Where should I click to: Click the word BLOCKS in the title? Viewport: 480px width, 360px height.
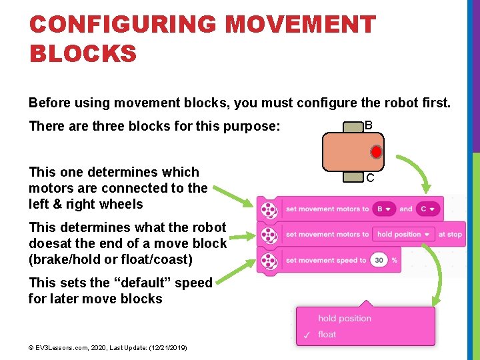coord(83,53)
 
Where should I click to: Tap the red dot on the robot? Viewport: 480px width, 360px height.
coord(376,152)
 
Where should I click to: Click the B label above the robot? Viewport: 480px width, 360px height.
coord(369,125)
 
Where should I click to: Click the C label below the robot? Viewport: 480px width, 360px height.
coord(369,178)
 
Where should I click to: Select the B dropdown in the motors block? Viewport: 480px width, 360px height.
coord(383,209)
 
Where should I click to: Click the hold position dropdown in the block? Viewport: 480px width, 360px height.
coord(403,234)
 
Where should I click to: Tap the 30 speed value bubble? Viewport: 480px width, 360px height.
coord(379,260)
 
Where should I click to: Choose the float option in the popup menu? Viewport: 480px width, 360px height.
coord(327,334)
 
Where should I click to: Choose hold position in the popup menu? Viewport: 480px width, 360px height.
coord(344,319)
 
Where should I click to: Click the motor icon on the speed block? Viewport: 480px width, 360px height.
coord(268,261)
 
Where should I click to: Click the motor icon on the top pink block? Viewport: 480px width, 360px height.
coord(268,209)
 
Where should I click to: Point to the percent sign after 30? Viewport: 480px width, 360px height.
coord(395,260)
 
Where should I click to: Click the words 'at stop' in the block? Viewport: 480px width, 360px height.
coord(450,234)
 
